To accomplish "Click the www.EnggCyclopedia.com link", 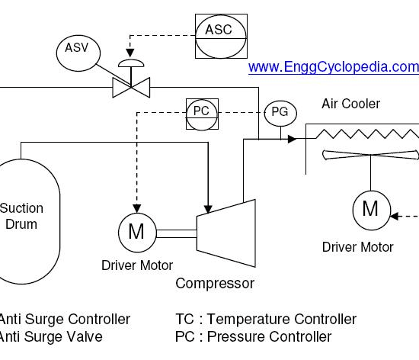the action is coord(334,67).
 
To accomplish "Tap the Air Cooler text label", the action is coord(350,104).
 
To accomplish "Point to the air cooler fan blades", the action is coord(370,155).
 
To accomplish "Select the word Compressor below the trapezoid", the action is coord(215,284).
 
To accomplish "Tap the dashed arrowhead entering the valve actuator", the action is coord(130,53).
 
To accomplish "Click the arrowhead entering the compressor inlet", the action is coord(208,210).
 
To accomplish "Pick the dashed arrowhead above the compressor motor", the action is coord(137,209).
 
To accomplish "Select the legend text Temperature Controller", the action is coord(282,319).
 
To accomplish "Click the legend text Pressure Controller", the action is coord(269,336).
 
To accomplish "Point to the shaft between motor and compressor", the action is coord(177,233).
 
